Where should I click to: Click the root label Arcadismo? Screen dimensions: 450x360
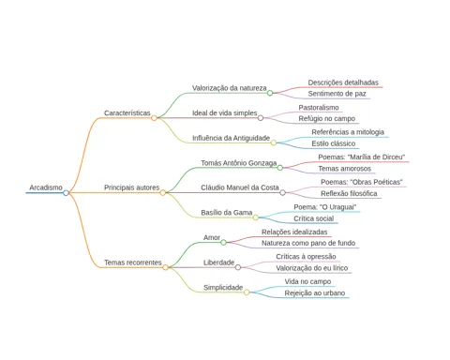click(x=46, y=187)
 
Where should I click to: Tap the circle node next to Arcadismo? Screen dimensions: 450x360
click(x=66, y=193)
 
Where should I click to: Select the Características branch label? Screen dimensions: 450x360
click(x=127, y=112)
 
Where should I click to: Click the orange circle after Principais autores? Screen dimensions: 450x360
click(x=163, y=193)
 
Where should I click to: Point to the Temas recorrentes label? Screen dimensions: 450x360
click(x=133, y=262)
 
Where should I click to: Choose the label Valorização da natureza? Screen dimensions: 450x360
click(x=230, y=88)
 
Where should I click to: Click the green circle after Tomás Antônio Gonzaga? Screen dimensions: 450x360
click(x=280, y=168)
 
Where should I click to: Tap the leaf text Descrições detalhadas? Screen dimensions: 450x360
click(x=343, y=82)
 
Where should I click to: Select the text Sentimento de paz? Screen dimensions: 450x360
click(x=337, y=94)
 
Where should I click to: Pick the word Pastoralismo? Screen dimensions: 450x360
click(x=319, y=108)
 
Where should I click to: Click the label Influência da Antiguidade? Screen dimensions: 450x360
click(x=231, y=138)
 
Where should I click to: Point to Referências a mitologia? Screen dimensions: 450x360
click(x=348, y=132)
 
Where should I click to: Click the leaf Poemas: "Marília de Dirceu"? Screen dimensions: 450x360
click(x=362, y=157)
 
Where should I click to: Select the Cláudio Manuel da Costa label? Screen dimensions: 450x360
click(x=240, y=187)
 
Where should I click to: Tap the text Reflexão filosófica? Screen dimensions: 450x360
click(x=349, y=193)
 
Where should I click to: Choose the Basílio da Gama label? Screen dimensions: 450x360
click(x=227, y=213)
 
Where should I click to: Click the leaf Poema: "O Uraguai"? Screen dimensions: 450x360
click(x=325, y=207)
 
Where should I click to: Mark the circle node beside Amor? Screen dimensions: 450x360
click(x=223, y=243)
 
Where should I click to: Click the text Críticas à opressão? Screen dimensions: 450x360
click(x=306, y=257)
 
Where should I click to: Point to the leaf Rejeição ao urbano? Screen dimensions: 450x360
click(x=315, y=293)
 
